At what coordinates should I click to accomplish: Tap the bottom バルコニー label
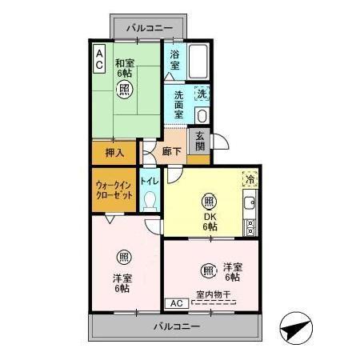pyautogui.click(x=174, y=327)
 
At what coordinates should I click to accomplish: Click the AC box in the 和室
pyautogui.click(x=99, y=58)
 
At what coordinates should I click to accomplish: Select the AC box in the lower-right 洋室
pyautogui.click(x=178, y=303)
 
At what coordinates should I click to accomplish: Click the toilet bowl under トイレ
pyautogui.click(x=150, y=201)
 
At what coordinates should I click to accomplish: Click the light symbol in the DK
pyautogui.click(x=209, y=200)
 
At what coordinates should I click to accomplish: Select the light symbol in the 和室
pyautogui.click(x=125, y=90)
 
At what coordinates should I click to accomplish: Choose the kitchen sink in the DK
pyautogui.click(x=250, y=202)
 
